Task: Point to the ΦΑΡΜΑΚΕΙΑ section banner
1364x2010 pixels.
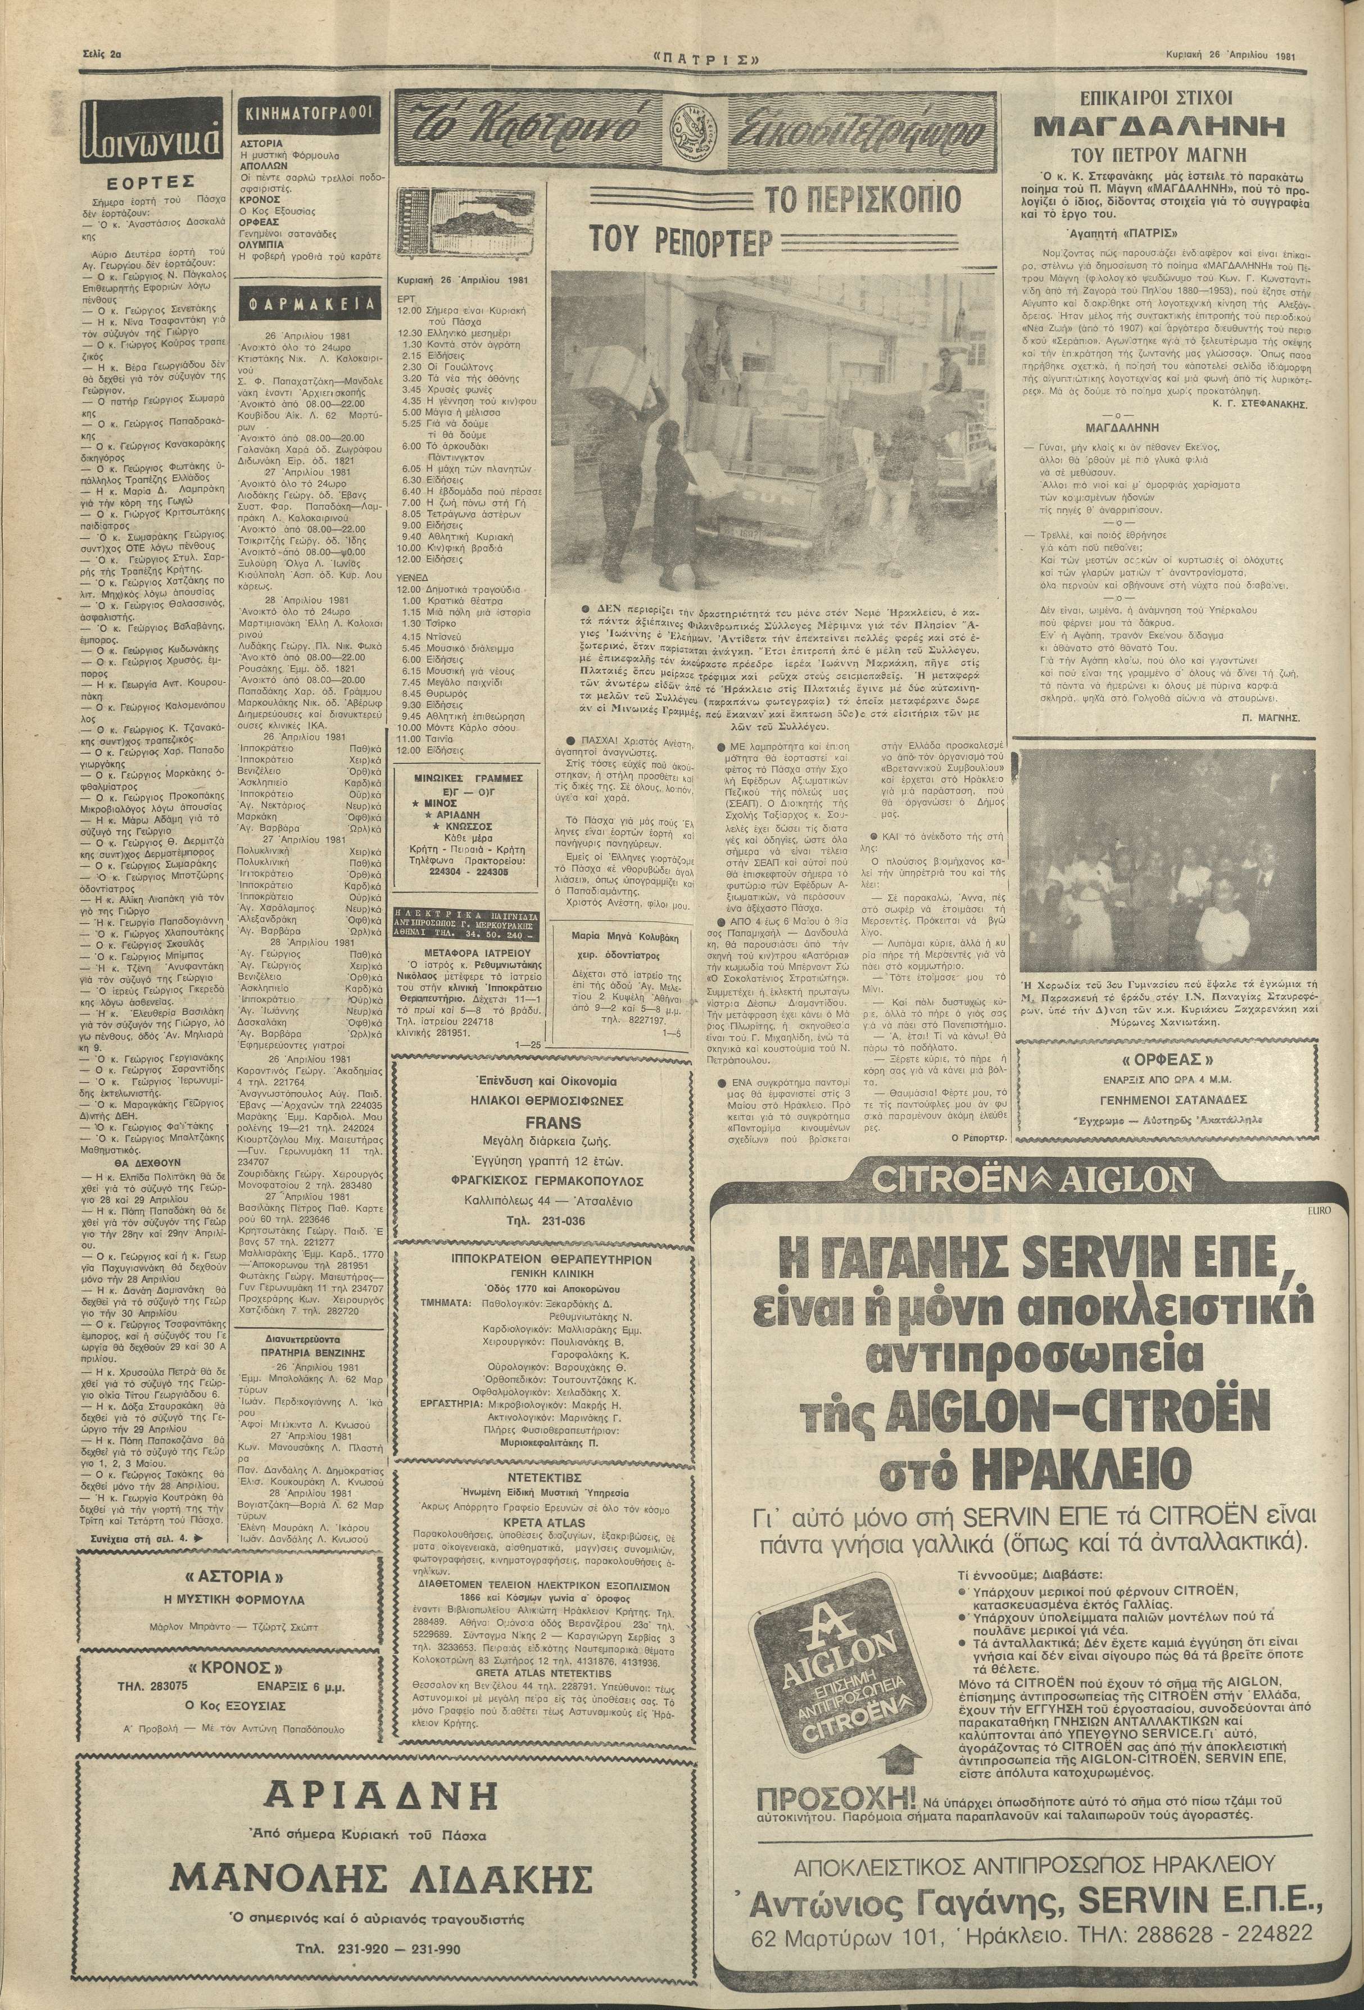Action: click(308, 305)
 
